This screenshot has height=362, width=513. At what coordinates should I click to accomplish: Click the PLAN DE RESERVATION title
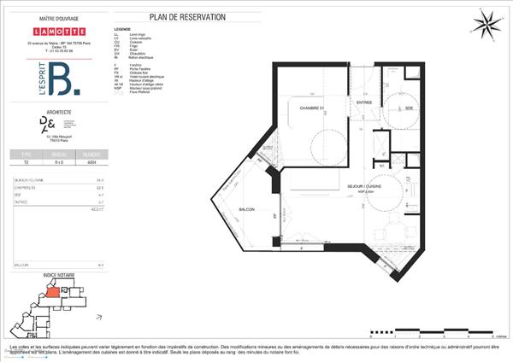(x=200, y=17)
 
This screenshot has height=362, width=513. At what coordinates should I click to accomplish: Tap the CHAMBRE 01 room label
(x=312, y=108)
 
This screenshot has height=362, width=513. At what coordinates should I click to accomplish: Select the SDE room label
(x=409, y=108)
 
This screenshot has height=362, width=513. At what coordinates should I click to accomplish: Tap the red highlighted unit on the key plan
(x=52, y=291)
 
